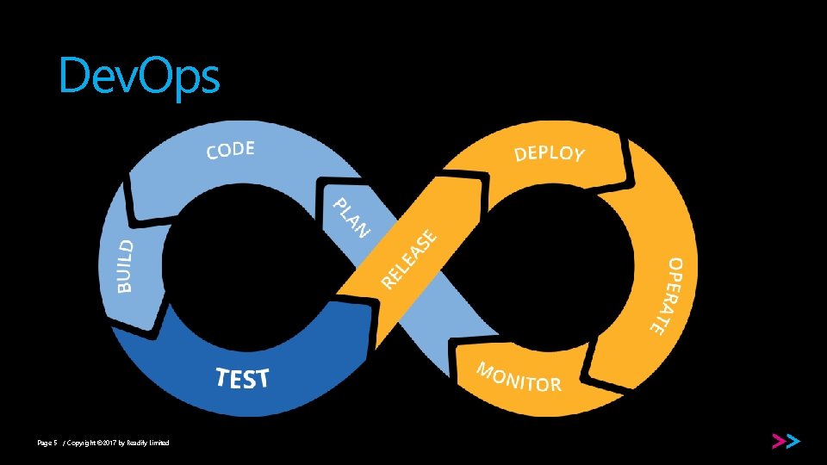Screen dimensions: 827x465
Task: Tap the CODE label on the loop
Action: click(230, 151)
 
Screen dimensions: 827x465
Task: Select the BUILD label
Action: click(126, 265)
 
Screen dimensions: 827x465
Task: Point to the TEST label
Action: click(242, 378)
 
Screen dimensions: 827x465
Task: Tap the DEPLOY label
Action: click(550, 153)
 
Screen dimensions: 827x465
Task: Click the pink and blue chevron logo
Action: click(786, 441)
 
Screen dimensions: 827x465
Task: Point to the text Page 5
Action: click(47, 443)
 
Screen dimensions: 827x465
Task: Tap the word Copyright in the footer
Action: click(80, 443)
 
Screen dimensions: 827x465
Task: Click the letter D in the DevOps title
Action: click(73, 76)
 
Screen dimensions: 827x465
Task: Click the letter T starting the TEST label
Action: click(221, 377)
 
